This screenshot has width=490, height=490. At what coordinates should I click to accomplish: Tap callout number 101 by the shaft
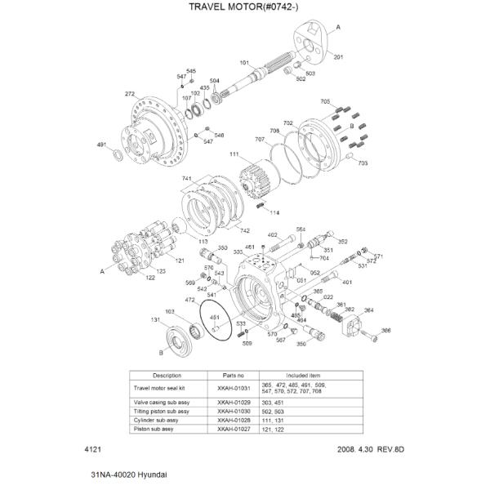[x=243, y=63]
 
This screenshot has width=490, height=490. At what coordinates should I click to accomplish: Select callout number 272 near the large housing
[x=129, y=95]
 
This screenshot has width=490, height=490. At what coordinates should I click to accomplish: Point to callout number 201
[x=339, y=56]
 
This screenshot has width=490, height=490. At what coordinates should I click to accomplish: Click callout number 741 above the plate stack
[x=186, y=179]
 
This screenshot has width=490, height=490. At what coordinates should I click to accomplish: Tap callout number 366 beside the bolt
[x=386, y=330]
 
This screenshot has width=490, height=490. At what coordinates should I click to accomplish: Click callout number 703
[x=363, y=163]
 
